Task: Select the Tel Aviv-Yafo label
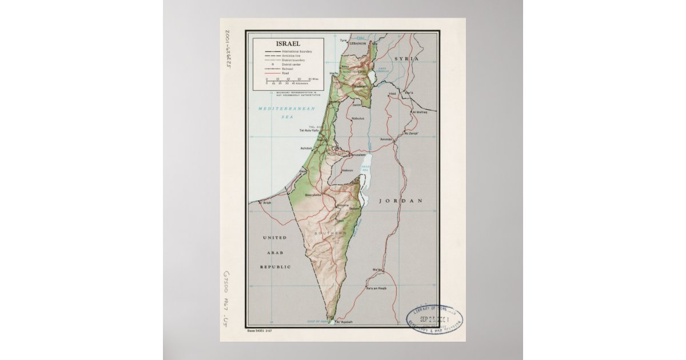pos(309,131)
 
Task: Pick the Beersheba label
pos(314,194)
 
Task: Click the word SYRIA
pos(406,59)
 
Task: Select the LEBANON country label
pos(358,43)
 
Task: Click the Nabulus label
pos(358,118)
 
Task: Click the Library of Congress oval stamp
pos(434,319)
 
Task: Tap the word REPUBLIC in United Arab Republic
pos(276,267)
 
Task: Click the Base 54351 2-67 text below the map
pos(261,331)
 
